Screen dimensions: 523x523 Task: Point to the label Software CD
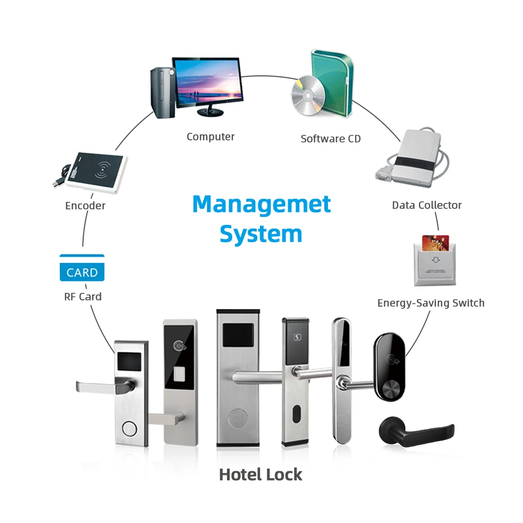tap(331, 139)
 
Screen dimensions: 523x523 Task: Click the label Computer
tap(210, 137)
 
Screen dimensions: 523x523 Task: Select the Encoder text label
tap(85, 206)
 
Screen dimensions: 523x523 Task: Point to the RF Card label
tap(83, 297)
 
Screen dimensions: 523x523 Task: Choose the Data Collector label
tap(427, 205)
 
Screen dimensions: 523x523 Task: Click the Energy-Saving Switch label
tap(430, 303)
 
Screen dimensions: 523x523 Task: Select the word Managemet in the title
tap(261, 204)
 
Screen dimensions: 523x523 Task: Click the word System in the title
tap(261, 234)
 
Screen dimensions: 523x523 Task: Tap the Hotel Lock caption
tap(260, 474)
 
